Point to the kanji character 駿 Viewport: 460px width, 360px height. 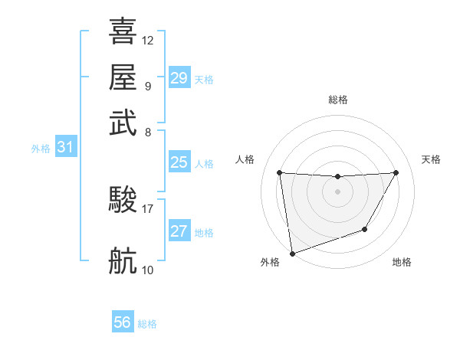(123, 200)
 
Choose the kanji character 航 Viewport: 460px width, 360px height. (123, 260)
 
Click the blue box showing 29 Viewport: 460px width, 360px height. (179, 78)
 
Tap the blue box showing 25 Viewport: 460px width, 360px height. (179, 162)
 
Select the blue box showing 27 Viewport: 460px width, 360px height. (179, 231)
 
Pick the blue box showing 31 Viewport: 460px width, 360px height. (65, 148)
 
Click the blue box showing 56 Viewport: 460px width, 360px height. (123, 322)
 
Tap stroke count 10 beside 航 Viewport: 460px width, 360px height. (148, 270)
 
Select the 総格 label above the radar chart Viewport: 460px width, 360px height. (337, 100)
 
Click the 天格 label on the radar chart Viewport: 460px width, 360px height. (431, 159)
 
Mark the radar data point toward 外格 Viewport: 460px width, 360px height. (292, 253)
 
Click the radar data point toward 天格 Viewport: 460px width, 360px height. (396, 172)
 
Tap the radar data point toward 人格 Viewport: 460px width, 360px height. (280, 172)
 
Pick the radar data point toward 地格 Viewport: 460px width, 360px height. (365, 229)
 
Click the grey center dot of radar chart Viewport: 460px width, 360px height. (337, 191)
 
